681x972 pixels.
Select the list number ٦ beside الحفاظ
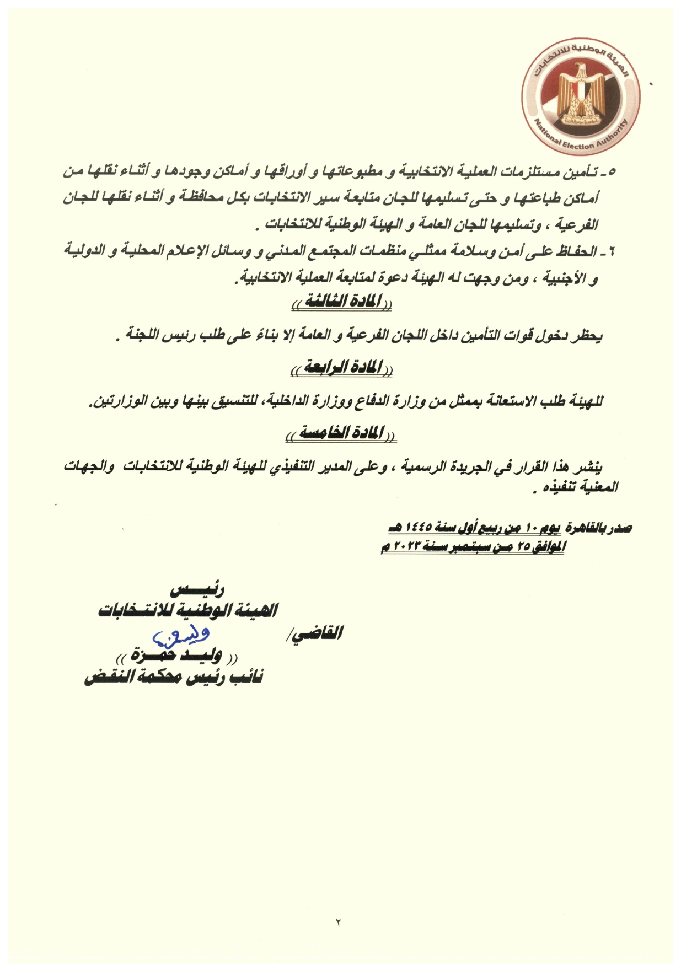pyautogui.click(x=610, y=253)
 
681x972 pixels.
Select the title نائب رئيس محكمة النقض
pyautogui.click(x=174, y=676)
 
